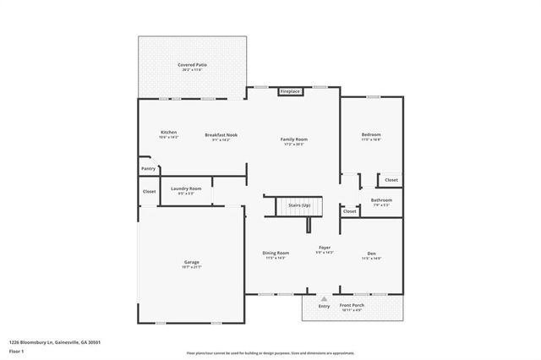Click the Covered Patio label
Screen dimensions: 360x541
(x=192, y=65)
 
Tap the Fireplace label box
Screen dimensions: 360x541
(x=290, y=91)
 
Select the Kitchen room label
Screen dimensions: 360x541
(x=169, y=133)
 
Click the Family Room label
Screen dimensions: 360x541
(x=294, y=139)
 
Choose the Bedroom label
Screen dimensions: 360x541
(x=371, y=135)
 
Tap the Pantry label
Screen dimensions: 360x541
(x=148, y=169)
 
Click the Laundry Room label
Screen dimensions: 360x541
(x=186, y=189)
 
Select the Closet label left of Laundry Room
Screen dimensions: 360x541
(x=149, y=192)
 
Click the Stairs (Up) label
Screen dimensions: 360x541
(x=299, y=205)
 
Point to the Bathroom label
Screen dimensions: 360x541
(x=381, y=201)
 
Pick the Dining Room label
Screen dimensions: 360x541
(x=276, y=254)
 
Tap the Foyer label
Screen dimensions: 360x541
(x=324, y=248)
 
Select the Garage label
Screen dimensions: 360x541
(x=192, y=263)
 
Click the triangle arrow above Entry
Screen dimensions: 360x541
(x=324, y=298)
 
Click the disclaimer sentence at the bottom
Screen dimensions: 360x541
(x=270, y=352)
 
